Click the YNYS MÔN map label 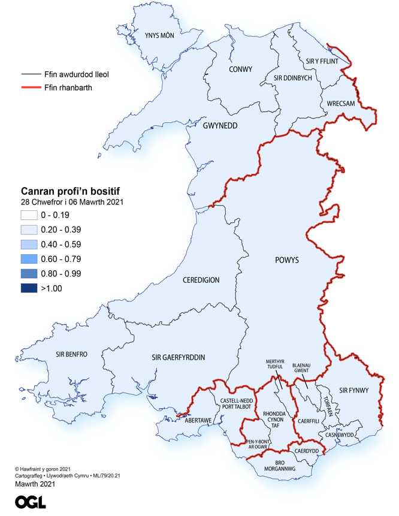click(x=159, y=36)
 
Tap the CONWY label click(x=241, y=70)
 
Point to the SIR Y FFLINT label click(x=322, y=61)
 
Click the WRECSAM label click(x=341, y=103)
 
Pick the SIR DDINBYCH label click(x=292, y=79)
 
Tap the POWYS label click(x=286, y=260)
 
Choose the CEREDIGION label click(x=201, y=280)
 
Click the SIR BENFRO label click(x=71, y=354)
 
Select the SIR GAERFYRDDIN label click(x=177, y=357)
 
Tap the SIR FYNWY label click(x=353, y=391)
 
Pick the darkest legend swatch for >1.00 click(x=29, y=288)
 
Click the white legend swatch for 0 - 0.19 click(x=29, y=215)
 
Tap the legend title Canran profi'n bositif click(x=71, y=191)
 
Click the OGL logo click(x=31, y=502)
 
